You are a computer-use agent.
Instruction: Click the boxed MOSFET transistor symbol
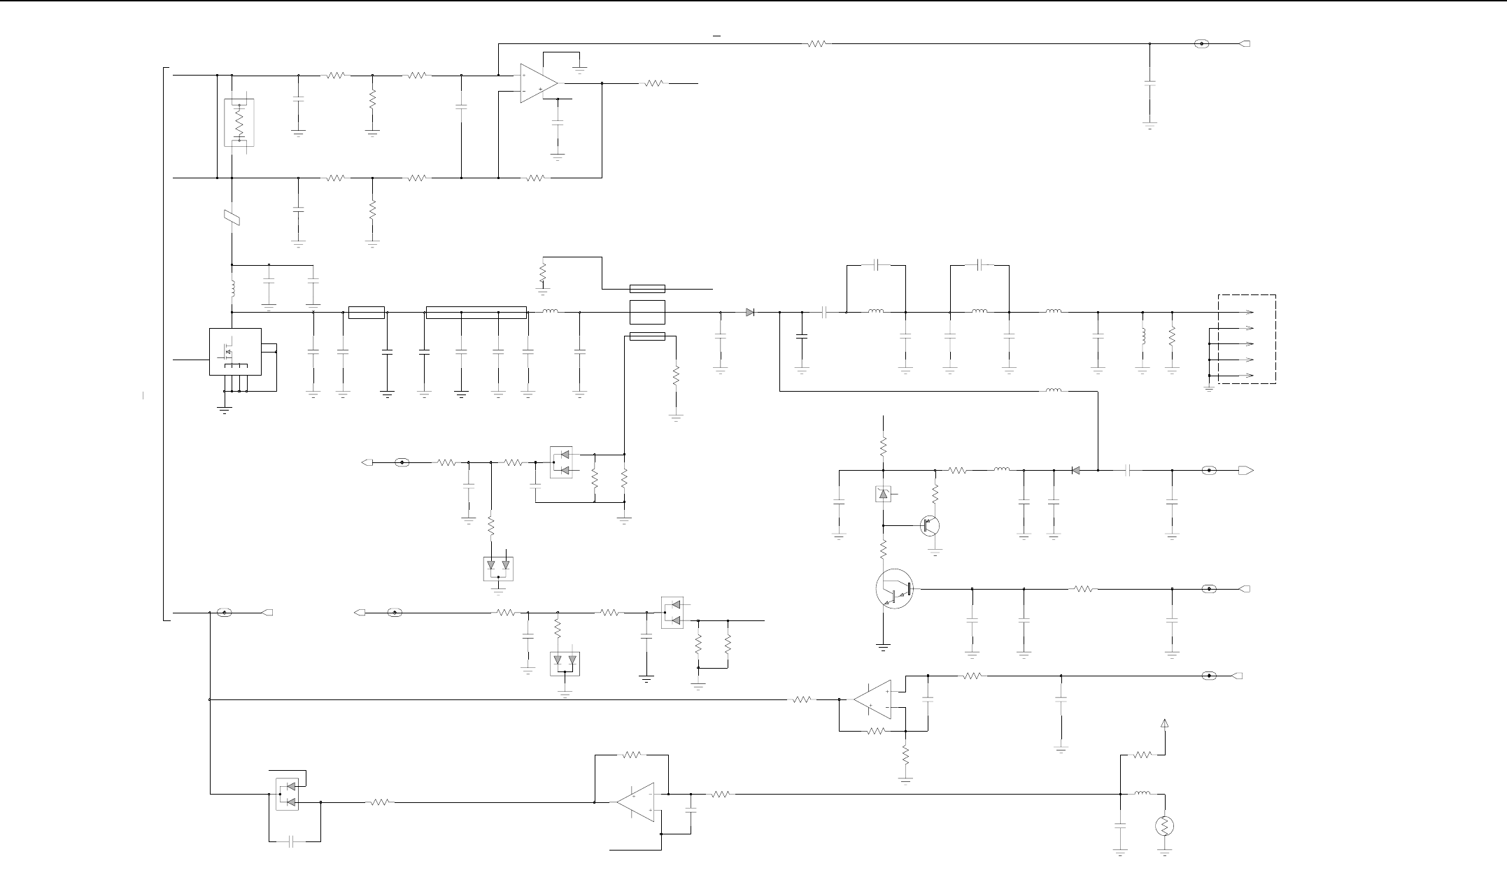click(235, 351)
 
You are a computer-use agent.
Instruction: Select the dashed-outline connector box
click(1247, 339)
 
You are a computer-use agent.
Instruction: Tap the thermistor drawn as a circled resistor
click(1164, 826)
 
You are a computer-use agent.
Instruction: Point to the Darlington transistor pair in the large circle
click(894, 590)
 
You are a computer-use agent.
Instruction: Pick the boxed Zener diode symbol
click(883, 495)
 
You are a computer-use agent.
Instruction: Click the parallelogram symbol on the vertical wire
click(232, 218)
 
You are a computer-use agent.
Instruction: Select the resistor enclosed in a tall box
click(239, 122)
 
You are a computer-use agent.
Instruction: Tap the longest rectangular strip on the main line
click(476, 312)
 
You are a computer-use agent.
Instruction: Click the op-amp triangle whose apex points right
click(539, 83)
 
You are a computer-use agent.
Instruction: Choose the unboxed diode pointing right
click(750, 312)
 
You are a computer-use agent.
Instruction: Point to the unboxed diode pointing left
click(1076, 470)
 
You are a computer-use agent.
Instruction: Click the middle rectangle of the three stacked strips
click(647, 312)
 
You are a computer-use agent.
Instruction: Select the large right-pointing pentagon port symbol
click(1245, 470)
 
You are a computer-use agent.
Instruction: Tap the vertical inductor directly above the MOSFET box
click(232, 288)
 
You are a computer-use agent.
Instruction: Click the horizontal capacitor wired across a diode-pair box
click(294, 841)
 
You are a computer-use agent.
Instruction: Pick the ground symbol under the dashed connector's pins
click(1209, 387)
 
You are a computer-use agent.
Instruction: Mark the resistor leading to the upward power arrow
click(1142, 755)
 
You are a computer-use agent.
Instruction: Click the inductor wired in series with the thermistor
click(1142, 793)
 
